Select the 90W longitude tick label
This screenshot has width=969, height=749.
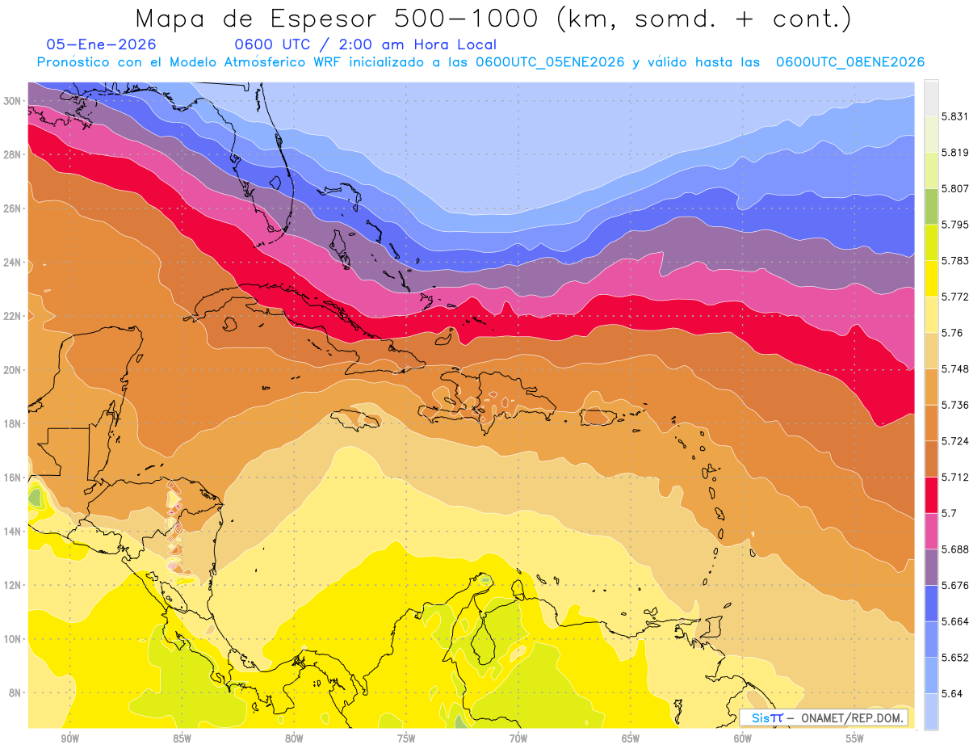tap(69, 738)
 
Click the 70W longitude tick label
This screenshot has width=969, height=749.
tap(518, 738)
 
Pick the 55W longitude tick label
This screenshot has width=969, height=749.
tap(855, 738)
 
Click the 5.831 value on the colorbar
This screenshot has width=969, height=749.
tap(954, 116)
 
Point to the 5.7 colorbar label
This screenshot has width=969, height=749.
tap(949, 513)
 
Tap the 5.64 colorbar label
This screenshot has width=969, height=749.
tap(951, 693)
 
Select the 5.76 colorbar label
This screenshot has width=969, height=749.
tap(951, 333)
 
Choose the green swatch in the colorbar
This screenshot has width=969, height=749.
tap(931, 207)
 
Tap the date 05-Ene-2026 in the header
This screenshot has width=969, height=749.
tap(101, 44)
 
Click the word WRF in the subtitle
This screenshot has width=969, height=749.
tap(326, 62)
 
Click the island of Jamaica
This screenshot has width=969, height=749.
tap(359, 419)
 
